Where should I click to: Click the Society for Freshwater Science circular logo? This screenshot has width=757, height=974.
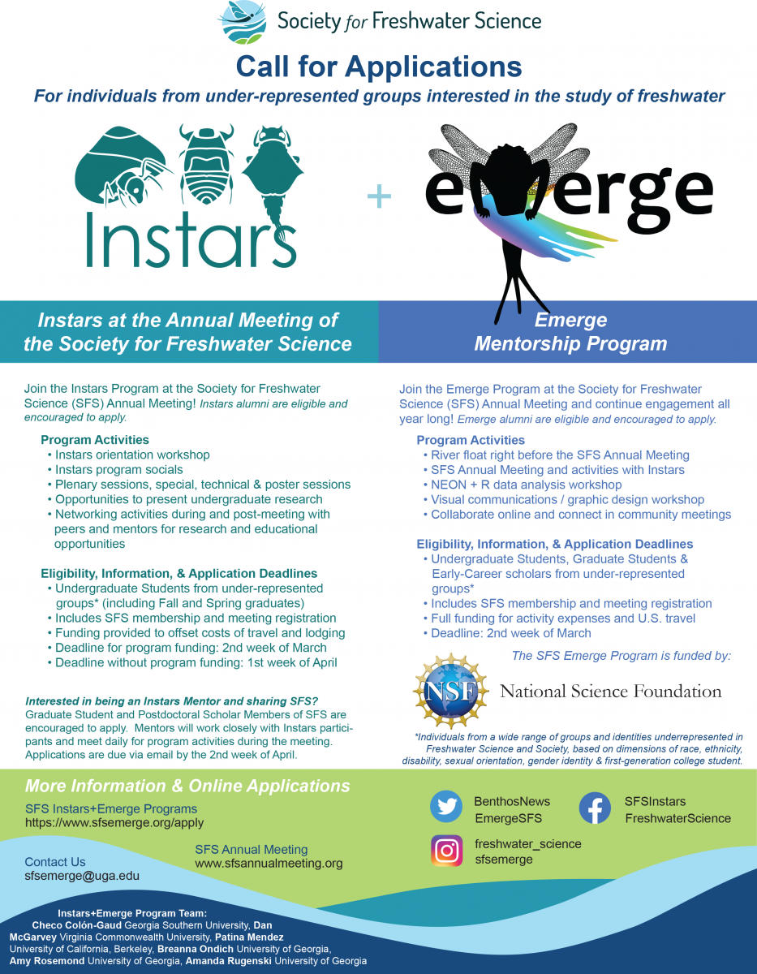(x=242, y=22)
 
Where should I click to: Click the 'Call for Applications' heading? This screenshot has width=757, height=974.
(x=378, y=65)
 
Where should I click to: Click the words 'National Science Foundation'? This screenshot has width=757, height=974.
(x=610, y=692)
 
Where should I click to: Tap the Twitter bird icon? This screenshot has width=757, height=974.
(x=445, y=808)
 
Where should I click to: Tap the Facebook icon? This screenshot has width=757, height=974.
(x=596, y=808)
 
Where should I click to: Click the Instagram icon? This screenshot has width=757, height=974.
(x=446, y=851)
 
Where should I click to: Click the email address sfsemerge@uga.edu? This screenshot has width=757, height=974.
(x=82, y=877)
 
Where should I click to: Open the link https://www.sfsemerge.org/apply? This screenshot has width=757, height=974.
(x=114, y=823)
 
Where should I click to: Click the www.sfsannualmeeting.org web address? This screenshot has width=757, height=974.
(x=269, y=864)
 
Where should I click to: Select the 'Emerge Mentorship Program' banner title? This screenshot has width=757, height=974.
(x=570, y=332)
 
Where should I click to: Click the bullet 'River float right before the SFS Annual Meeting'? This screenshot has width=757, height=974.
(x=560, y=455)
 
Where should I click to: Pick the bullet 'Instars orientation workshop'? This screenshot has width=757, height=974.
(x=132, y=455)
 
